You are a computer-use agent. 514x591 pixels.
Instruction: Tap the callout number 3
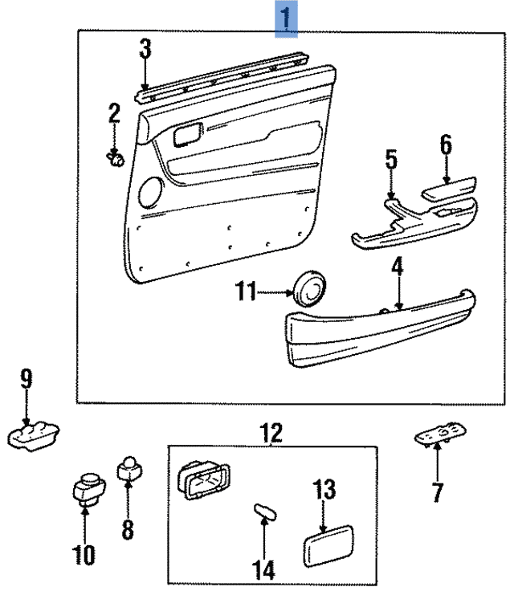point(145,49)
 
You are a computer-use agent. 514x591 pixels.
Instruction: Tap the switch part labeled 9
point(34,436)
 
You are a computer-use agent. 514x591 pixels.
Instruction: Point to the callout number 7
point(437,491)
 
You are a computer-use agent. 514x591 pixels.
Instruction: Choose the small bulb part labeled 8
point(128,467)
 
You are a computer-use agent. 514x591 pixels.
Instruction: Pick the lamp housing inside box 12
point(202,481)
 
